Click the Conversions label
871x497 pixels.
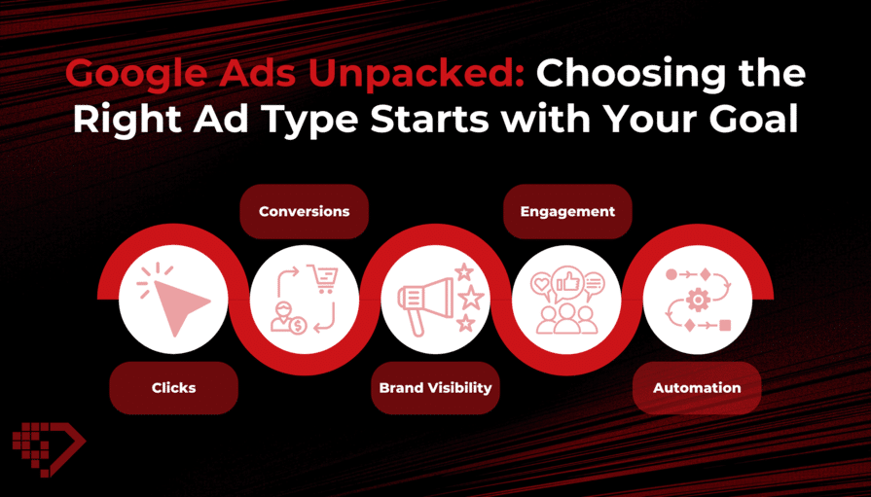[x=304, y=212]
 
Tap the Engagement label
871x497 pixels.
[x=567, y=212]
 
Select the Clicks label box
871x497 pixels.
[x=174, y=388]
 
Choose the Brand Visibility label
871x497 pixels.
[x=436, y=388]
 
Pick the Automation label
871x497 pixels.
[x=697, y=388]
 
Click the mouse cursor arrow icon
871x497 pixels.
[x=179, y=304]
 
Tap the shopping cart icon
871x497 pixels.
[x=323, y=279]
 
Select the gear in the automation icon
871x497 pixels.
[x=698, y=301]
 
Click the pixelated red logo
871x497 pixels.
[x=49, y=448]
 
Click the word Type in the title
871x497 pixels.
[x=310, y=120]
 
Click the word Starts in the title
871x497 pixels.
[x=428, y=119]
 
